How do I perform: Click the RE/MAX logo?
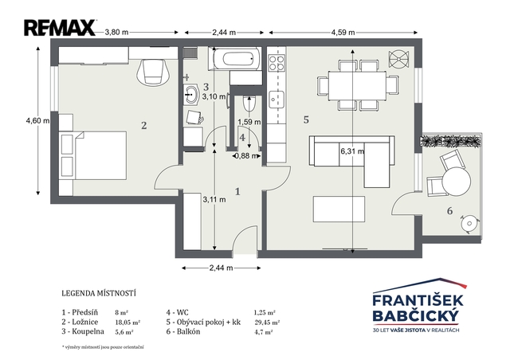[x=60, y=28]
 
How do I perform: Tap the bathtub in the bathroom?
[x=237, y=59]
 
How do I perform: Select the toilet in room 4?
[x=249, y=104]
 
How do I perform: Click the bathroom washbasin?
[x=191, y=94]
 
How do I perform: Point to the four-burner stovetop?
[x=277, y=63]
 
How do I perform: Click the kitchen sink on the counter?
[x=277, y=100]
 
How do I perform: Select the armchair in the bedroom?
[x=153, y=72]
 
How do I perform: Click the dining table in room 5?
[x=357, y=86]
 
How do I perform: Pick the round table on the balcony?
[x=456, y=182]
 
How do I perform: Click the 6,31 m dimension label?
[x=352, y=151]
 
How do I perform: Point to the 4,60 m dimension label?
[x=37, y=120]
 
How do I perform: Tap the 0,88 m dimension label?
[x=246, y=156]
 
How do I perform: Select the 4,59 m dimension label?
[x=343, y=32]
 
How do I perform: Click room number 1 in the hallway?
[x=237, y=191]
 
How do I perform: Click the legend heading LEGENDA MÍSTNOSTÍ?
[x=99, y=293]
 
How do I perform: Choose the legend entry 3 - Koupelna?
[x=83, y=331]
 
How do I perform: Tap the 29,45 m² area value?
[x=267, y=323]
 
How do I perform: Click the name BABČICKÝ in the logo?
[x=416, y=315]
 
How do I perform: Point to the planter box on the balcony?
[x=450, y=141]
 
